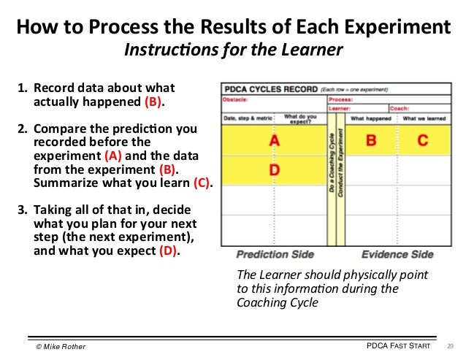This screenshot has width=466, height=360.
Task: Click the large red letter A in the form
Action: click(273, 141)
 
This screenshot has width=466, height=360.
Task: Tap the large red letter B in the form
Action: click(371, 140)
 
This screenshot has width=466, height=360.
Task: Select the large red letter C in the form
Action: click(422, 140)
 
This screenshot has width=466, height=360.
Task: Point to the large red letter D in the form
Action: click(273, 170)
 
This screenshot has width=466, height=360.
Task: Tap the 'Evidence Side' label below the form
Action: click(396, 255)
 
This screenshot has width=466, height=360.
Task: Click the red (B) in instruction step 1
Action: click(153, 102)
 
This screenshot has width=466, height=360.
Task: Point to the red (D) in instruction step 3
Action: click(167, 252)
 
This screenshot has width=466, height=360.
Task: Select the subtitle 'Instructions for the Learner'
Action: click(233, 52)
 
